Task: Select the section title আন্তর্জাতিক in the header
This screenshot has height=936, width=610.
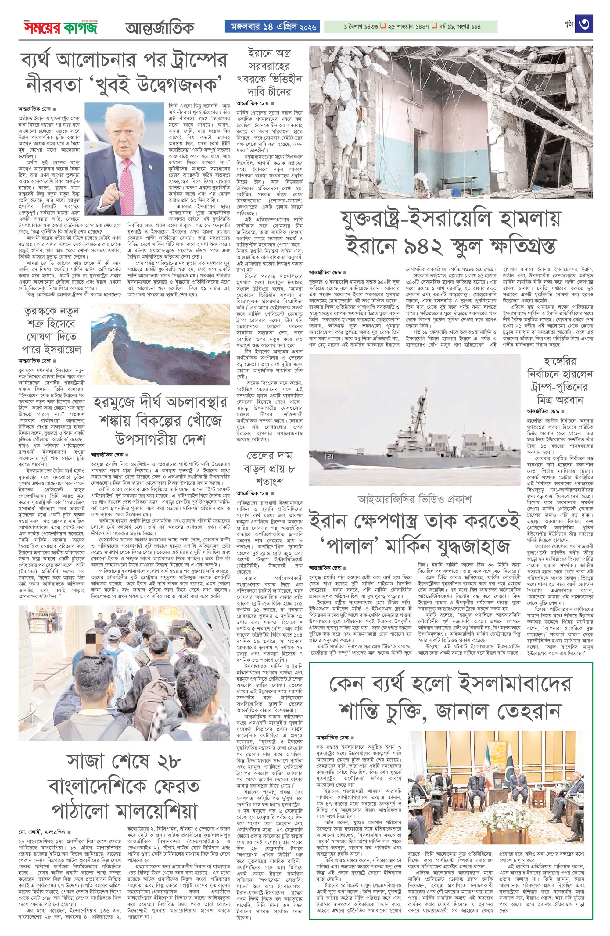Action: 160,27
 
